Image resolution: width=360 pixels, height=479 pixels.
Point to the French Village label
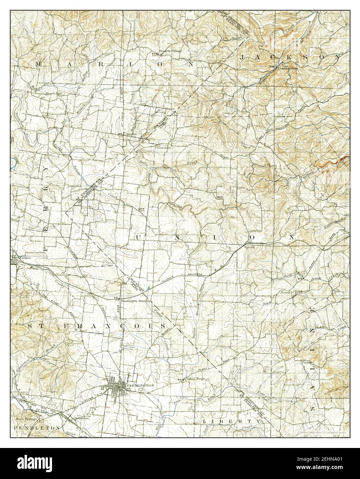click(170, 51)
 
